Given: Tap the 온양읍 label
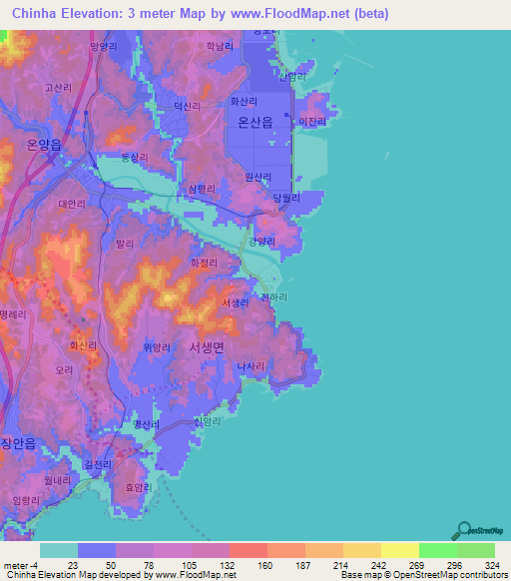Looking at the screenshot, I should click(40, 145).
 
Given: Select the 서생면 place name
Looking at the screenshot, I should click(208, 345).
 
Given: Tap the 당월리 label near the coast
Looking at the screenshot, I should click(286, 198).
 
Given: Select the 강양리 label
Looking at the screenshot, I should click(261, 241).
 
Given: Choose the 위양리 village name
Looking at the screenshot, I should click(158, 346).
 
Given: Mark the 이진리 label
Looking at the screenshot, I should click(312, 120).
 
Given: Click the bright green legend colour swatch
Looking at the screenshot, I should click(437, 550).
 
